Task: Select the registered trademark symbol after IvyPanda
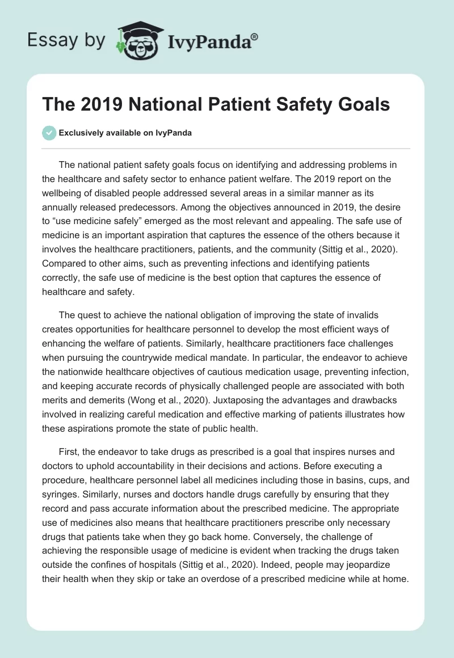[255, 36]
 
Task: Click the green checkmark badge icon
[49, 133]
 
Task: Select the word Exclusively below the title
[81, 133]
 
